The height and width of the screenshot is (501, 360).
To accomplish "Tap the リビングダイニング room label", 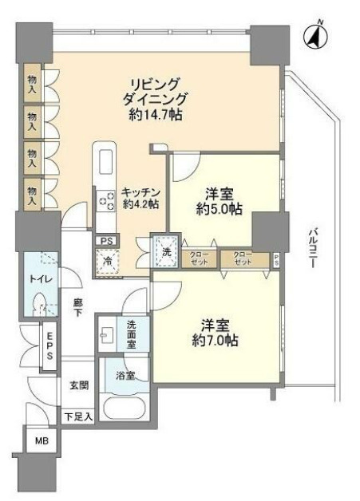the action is pos(154,92).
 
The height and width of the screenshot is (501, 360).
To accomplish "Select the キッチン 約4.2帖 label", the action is pos(140,198).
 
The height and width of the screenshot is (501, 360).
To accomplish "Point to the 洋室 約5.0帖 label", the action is pos(220,202).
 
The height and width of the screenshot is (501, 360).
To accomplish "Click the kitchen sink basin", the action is pos(106,162).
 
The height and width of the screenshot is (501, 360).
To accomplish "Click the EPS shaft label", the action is pos(49,345).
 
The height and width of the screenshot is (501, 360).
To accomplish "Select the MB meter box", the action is pos(42,441).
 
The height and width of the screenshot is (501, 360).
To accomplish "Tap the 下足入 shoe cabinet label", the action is pos(78,417).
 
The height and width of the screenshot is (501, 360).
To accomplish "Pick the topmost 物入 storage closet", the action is pos(32,84).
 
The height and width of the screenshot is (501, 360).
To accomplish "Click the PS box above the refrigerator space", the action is pos(106,241).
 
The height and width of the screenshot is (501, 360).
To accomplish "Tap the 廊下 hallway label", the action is pos(77,307).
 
